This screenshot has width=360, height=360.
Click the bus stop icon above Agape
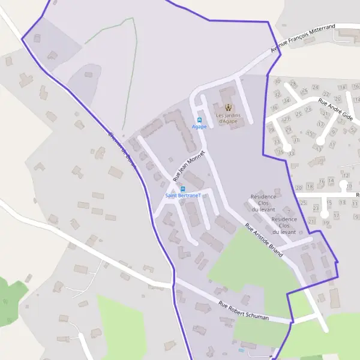point(199,119)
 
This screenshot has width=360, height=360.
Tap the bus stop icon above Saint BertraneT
point(183,188)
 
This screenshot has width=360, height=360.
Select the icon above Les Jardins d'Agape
point(227,107)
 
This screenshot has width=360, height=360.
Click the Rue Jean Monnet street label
point(189,166)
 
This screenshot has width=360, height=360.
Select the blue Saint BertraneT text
point(183,196)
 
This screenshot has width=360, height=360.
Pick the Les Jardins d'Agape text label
point(227,118)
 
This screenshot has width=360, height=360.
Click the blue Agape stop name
point(199,127)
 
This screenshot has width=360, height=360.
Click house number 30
point(277,81)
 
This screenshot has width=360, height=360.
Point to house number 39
point(271,130)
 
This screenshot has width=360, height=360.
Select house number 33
point(292,154)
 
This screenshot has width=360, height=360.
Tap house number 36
point(274,109)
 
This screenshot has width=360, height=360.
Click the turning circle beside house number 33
point(289,146)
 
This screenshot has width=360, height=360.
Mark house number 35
point(281,152)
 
